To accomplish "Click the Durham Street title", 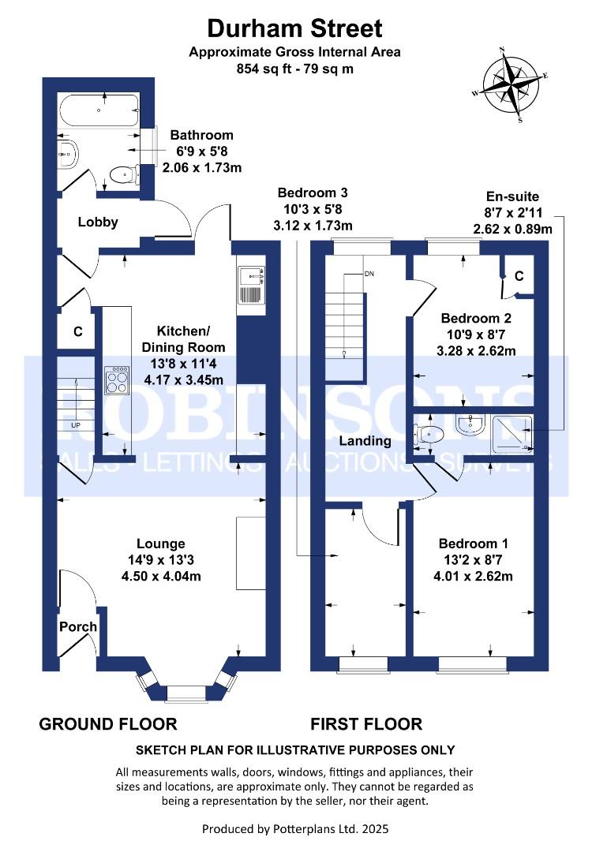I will click(294, 29).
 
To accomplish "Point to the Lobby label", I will click(98, 222).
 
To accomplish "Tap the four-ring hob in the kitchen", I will click(117, 382).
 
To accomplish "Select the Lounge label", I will click(160, 544).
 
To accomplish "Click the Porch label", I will click(78, 627).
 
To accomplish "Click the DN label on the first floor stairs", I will click(369, 274).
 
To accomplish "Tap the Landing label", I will click(365, 441).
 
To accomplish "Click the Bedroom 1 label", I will click(474, 544).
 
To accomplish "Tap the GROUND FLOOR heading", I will click(108, 723).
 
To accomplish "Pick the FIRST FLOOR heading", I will click(366, 723).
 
